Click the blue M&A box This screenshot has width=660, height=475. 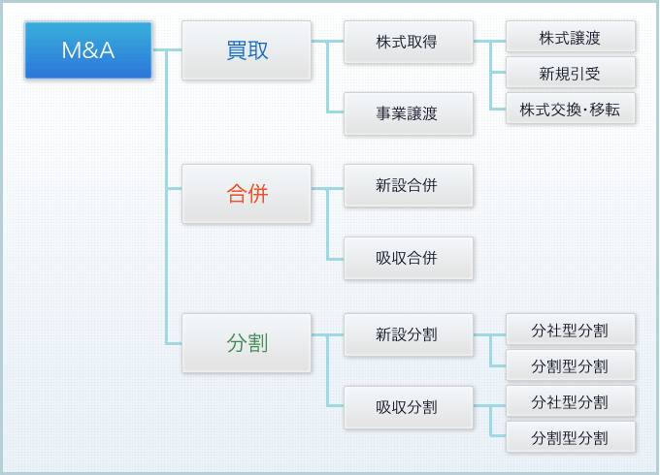coord(88,50)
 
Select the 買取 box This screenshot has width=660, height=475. coord(247,50)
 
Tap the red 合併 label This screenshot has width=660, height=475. coord(247,193)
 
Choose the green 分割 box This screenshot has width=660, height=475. coord(247,342)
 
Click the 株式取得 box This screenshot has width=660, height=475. coord(409,42)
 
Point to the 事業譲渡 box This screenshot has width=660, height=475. coord(409,113)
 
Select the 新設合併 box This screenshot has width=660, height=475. coord(409,185)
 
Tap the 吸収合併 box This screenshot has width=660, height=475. coord(409,258)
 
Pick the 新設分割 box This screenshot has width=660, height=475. coord(409,334)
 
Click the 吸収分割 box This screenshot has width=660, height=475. coord(409,407)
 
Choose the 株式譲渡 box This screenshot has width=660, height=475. coord(571,37)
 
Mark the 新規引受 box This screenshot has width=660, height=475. coord(571,73)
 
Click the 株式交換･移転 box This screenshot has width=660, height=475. coord(571,109)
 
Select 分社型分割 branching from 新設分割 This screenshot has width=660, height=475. coord(571,330)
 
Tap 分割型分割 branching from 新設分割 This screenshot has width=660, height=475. coord(571,365)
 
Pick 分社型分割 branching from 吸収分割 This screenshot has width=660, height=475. coord(571,401)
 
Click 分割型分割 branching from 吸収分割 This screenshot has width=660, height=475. coord(571,437)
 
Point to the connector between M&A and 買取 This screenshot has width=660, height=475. coord(167,50)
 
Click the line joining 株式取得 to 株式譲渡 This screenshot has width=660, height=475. coord(490,41)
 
